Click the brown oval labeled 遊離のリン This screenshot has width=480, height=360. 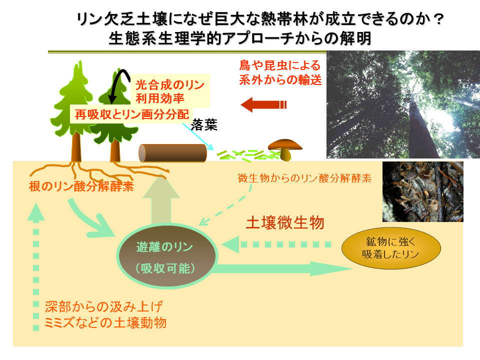(x=167, y=256)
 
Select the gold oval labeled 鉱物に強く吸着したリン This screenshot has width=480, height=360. (x=391, y=248)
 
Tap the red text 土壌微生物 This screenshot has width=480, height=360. (x=285, y=222)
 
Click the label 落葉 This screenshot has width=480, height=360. (x=204, y=125)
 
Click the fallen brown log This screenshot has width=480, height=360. (x=172, y=153)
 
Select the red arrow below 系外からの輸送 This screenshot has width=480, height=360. (x=263, y=104)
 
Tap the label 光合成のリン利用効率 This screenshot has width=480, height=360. (x=170, y=91)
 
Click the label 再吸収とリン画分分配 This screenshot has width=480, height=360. (x=132, y=114)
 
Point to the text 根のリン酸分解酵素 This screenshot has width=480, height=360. (x=81, y=186)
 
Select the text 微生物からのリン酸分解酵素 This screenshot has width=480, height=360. (x=304, y=178)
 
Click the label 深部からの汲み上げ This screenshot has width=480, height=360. (x=104, y=306)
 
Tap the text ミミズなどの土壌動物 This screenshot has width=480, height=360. (x=105, y=322)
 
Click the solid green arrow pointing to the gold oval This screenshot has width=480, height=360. (x=282, y=269)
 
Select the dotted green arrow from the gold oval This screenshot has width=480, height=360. (x=276, y=244)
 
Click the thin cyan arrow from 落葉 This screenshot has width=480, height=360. (x=198, y=136)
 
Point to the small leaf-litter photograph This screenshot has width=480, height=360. (x=423, y=191)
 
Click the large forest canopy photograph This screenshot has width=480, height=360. (x=403, y=104)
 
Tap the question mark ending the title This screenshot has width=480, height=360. (x=439, y=19)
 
